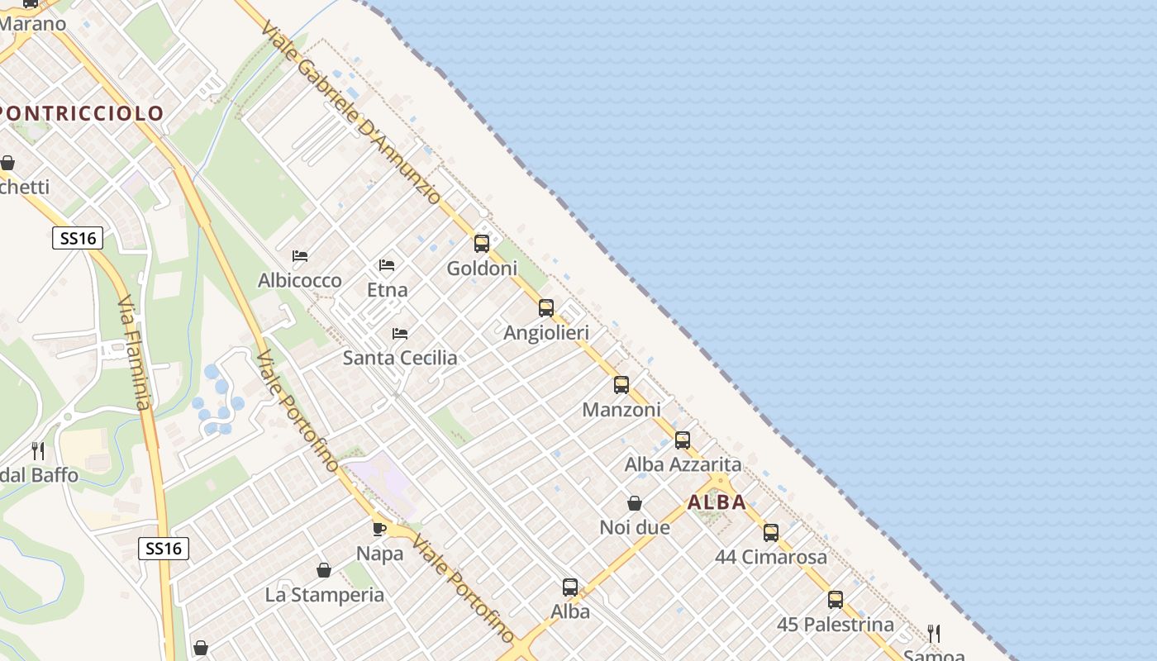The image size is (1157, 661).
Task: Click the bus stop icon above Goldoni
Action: coord(482,244)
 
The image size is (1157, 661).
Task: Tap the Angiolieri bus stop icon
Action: coord(546,308)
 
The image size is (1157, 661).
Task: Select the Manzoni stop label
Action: coord(621,410)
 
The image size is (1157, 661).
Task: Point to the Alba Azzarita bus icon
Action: coord(683,440)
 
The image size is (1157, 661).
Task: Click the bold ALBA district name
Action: coord(717,502)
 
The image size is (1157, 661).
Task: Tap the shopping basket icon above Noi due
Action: coord(635,503)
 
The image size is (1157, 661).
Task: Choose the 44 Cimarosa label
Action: coord(771,557)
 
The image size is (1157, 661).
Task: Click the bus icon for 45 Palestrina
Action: coord(836,600)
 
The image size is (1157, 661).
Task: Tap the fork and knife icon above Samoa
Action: coord(934,634)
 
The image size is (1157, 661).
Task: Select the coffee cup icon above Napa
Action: coord(379,529)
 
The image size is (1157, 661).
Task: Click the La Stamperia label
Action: coord(325,595)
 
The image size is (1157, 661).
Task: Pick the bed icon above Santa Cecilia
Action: coord(400,334)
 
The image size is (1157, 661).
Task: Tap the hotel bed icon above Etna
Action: coord(387,265)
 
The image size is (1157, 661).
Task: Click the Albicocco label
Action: coord(300,281)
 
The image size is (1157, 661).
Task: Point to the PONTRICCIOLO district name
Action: coord(83,113)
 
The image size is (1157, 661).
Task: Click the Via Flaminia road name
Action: coord(135,353)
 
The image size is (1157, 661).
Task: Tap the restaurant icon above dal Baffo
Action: coord(38,451)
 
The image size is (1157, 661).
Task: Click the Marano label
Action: coord(33,23)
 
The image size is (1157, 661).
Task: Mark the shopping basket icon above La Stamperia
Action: coord(324,570)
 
